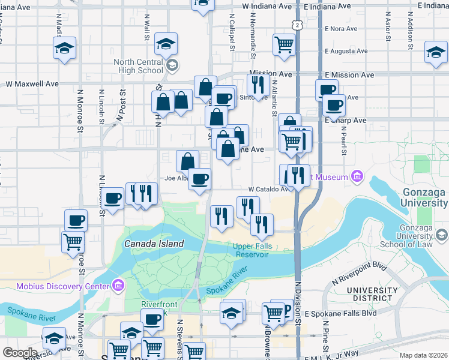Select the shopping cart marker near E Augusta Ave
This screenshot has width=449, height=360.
(283, 43)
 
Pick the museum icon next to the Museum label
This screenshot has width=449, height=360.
(357, 176)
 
